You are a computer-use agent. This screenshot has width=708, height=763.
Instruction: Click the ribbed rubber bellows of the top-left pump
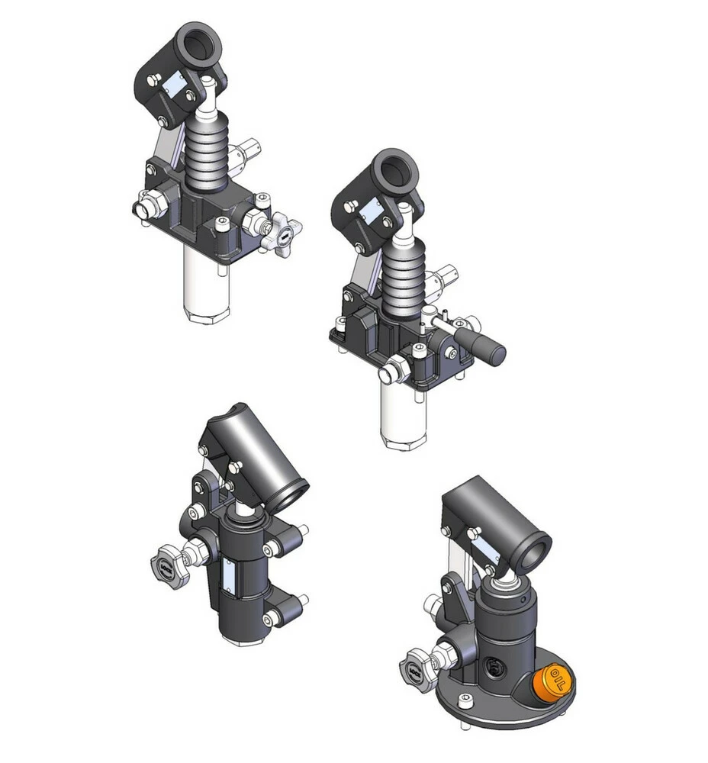pos(206,151)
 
